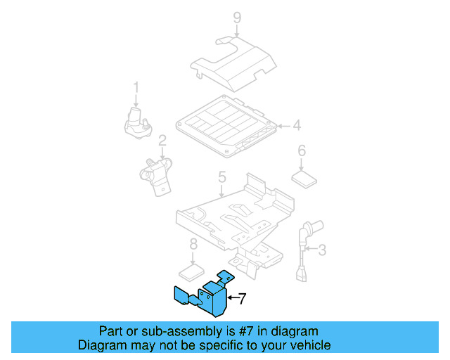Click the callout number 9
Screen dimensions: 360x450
(237, 17)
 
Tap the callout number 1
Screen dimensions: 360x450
(136, 88)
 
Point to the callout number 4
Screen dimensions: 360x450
(297, 127)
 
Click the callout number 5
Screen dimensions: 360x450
(221, 178)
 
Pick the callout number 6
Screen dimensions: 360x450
(302, 150)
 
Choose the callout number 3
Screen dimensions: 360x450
(323, 250)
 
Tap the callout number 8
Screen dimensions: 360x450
(193, 245)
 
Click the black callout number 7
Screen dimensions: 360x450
(241, 299)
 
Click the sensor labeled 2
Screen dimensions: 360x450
(156, 172)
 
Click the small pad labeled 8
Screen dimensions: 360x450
(192, 271)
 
